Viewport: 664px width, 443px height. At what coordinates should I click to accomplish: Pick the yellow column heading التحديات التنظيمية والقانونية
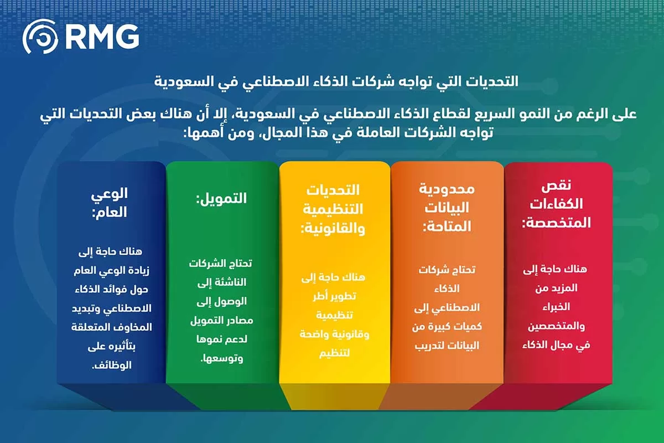pyautogui.click(x=333, y=209)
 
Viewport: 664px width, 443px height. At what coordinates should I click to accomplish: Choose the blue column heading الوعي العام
pyautogui.click(x=109, y=202)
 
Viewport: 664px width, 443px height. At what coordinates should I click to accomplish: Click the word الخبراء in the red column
pyautogui.click(x=556, y=306)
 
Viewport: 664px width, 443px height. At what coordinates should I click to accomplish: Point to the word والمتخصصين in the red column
pyautogui.click(x=556, y=326)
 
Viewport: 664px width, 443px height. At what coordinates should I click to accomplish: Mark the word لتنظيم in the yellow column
pyautogui.click(x=334, y=353)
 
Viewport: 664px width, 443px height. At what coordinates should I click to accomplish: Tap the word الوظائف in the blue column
pyautogui.click(x=118, y=365)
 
